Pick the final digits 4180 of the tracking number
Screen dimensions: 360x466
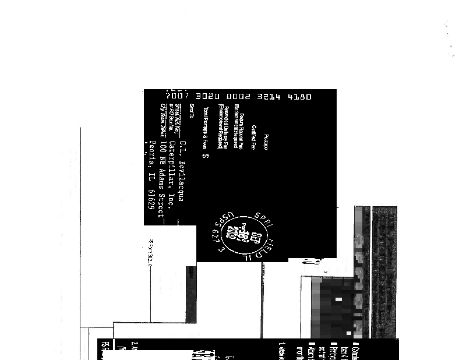click(301, 97)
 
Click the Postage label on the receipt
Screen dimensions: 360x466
click(266, 143)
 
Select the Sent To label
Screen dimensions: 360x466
click(192, 111)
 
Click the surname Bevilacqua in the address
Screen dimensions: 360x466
click(182, 181)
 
